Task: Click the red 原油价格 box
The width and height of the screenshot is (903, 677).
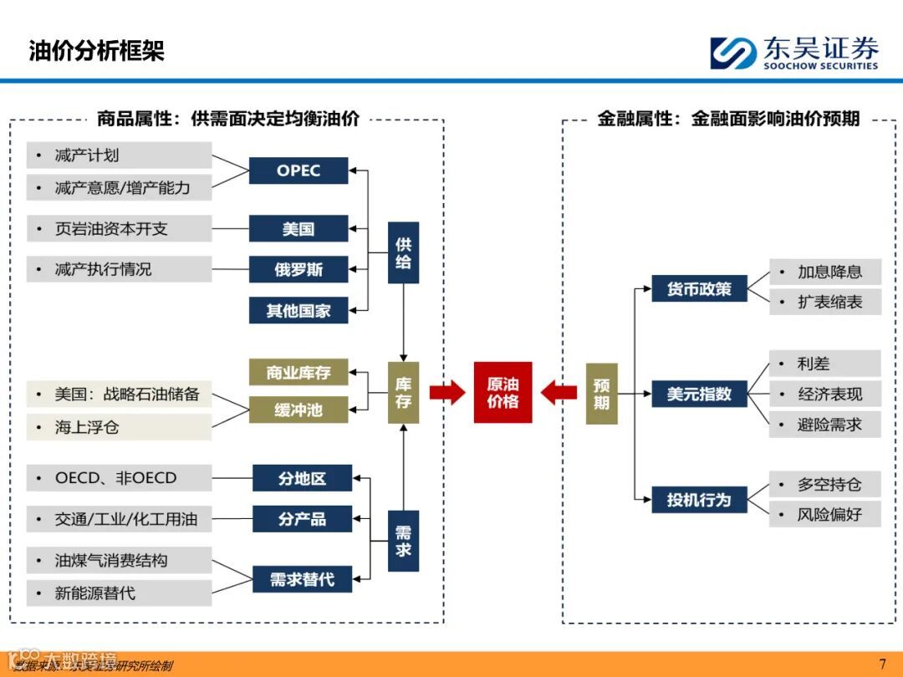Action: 503,392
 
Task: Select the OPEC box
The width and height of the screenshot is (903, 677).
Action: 298,171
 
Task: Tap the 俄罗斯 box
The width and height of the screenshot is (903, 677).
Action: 298,269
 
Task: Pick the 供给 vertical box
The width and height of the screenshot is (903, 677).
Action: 403,252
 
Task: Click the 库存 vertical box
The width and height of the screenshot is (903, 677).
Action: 403,392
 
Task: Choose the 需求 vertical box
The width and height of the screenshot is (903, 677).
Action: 403,540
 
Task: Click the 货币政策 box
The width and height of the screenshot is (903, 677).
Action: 699,289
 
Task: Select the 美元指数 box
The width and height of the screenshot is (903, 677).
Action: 699,394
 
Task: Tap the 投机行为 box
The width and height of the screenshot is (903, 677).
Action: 699,500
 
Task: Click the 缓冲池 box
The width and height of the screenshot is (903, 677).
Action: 298,410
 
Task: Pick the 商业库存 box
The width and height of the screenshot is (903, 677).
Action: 298,373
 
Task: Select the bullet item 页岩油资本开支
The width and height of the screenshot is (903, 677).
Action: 119,228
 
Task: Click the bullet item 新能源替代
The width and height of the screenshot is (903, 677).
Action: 119,593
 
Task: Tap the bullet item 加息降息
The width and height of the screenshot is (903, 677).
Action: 825,272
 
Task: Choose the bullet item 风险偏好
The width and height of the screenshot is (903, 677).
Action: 825,514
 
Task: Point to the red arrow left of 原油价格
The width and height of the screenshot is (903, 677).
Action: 447,392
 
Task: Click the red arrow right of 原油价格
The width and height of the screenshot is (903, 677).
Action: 559,392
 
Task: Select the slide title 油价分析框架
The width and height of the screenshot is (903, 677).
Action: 97,51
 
